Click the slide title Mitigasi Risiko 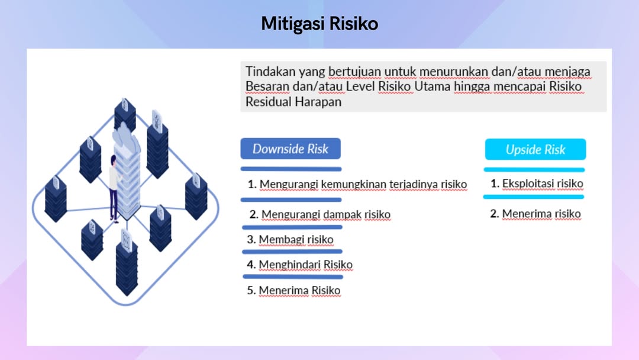click(x=319, y=24)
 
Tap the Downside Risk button click(x=291, y=149)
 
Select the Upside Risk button click(x=535, y=150)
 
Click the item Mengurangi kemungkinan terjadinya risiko click(x=357, y=184)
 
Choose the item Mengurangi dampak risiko click(x=320, y=214)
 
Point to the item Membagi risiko click(x=290, y=239)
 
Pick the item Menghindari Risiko click(x=299, y=265)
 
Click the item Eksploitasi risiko click(x=537, y=184)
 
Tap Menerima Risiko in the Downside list click(x=293, y=290)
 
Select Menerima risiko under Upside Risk click(x=535, y=214)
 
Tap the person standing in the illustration click(x=114, y=188)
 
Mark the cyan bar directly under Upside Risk click(x=534, y=169)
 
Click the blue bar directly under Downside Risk click(x=291, y=169)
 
